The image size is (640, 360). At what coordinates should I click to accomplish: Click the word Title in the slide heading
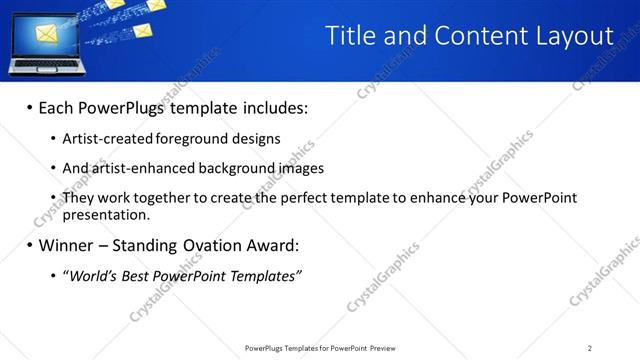349,36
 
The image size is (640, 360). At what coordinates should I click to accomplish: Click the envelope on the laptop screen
46,36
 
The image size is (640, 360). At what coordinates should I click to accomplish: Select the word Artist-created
103,139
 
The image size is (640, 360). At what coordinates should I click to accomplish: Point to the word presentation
105,214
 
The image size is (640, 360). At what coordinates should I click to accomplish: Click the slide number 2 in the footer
590,348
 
